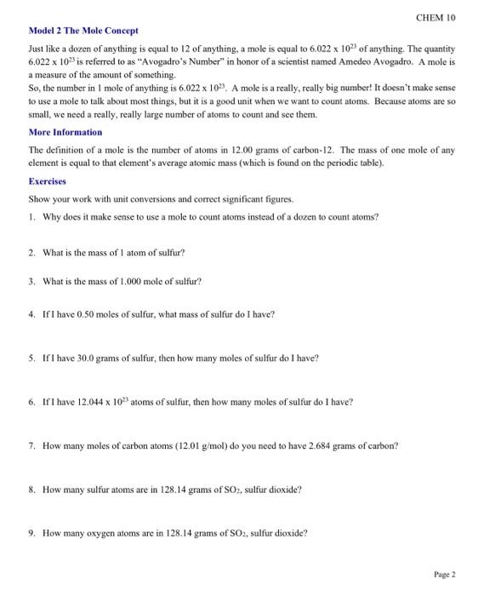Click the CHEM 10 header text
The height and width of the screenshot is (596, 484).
click(437, 16)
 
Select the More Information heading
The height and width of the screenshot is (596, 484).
click(65, 132)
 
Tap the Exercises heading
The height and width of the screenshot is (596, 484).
click(48, 181)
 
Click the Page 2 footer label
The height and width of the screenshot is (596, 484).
click(445, 575)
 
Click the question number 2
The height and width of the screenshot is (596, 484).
click(31, 253)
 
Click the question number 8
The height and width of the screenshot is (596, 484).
click(31, 490)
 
